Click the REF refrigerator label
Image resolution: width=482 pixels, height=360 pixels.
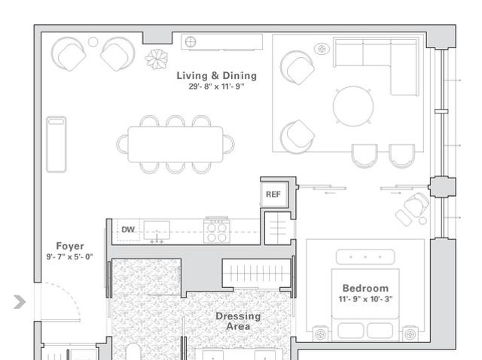pyautogui.click(x=273, y=195)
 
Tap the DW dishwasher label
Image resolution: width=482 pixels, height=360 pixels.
pyautogui.click(x=128, y=229)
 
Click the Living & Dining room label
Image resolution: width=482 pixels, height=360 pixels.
pyautogui.click(x=216, y=75)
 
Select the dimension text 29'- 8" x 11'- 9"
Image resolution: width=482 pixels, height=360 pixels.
pyautogui.click(x=216, y=86)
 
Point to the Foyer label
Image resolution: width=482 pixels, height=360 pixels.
pyautogui.click(x=70, y=246)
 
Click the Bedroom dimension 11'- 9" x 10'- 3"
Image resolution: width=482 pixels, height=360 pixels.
pyautogui.click(x=365, y=299)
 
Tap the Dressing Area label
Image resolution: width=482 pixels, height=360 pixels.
pyautogui.click(x=238, y=321)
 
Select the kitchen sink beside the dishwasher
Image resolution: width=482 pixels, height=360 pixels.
pyautogui.click(x=157, y=231)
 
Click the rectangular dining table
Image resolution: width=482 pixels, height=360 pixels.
pyautogui.click(x=175, y=144)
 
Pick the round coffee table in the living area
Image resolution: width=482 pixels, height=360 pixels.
pyautogui.click(x=353, y=106)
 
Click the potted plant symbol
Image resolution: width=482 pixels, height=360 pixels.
pyautogui.click(x=157, y=59)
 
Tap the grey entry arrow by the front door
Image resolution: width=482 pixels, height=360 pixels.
pyautogui.click(x=20, y=301)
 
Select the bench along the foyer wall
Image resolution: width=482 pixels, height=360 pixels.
pyautogui.click(x=56, y=144)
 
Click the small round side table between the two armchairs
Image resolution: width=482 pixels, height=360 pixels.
pyautogui.click(x=93, y=41)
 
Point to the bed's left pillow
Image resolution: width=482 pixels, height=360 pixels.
pyautogui.click(x=350, y=331)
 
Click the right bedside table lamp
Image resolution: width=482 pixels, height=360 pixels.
pyautogui.click(x=410, y=334)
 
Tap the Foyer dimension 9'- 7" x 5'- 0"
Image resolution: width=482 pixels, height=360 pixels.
pyautogui.click(x=70, y=257)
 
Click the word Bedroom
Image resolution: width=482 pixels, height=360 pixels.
pyautogui.click(x=365, y=289)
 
